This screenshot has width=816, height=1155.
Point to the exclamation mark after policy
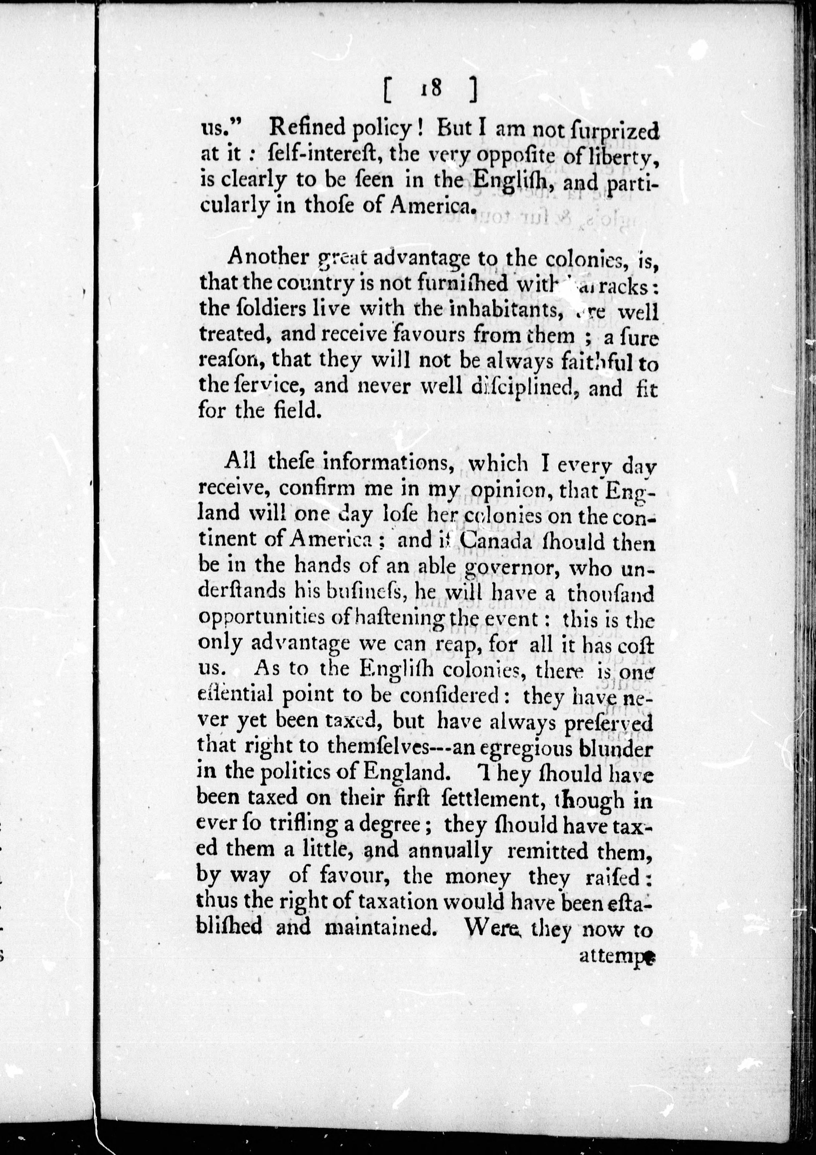[419, 129]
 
